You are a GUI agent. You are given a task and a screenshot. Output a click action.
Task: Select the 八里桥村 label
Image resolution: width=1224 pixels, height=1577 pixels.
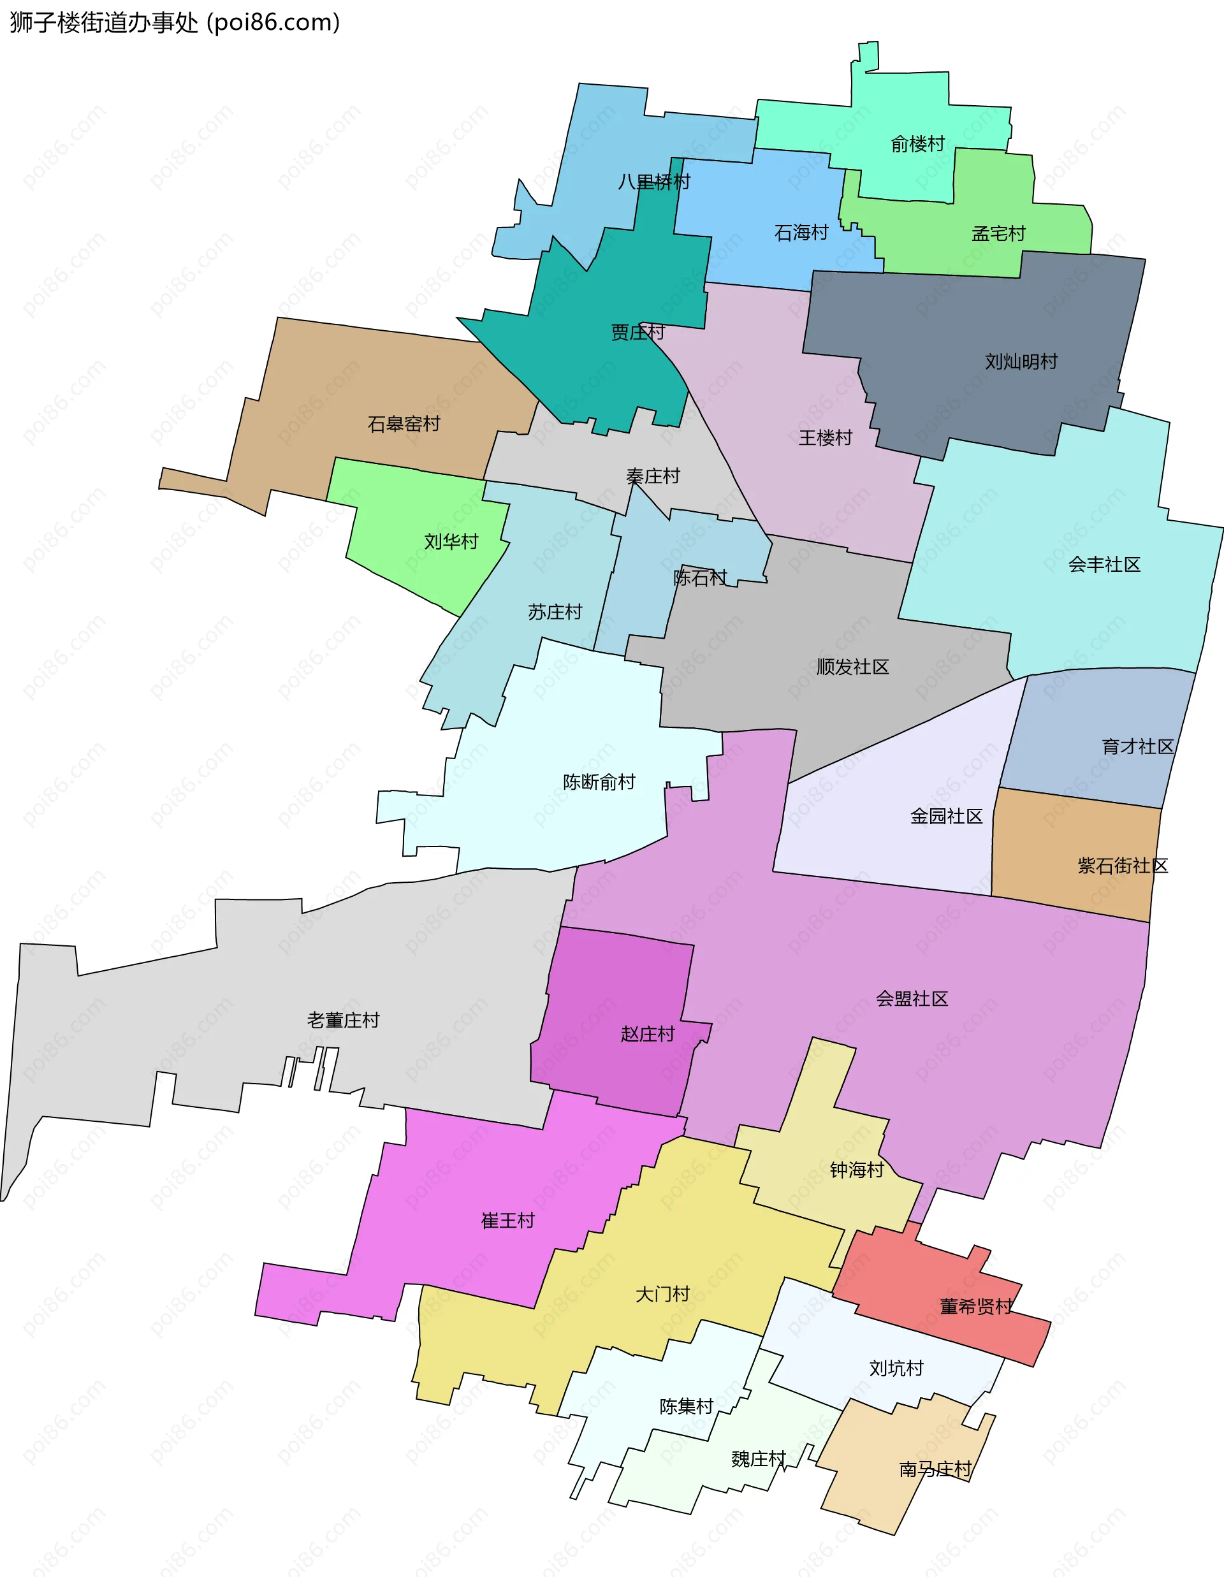pos(653,182)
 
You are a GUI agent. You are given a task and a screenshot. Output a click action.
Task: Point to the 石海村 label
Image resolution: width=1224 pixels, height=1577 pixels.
pos(801,233)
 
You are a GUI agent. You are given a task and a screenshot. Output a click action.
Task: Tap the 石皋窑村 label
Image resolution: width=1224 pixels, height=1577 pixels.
pos(404,424)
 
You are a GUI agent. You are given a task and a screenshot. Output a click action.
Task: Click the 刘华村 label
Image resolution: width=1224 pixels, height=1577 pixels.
pos(451,542)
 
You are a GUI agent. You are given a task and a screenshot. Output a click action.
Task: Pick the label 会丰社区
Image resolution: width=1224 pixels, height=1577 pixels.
pos(1104,565)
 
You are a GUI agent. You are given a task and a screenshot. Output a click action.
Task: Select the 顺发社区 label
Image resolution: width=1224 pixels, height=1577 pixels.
pos(852,667)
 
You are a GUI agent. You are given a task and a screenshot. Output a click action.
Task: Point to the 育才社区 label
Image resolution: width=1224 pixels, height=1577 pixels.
pos(1137,746)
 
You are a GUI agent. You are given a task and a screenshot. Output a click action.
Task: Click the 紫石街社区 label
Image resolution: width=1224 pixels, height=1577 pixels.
pos(1122,866)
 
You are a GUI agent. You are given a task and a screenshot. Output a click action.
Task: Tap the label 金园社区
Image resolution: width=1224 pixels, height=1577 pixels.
pos(946,817)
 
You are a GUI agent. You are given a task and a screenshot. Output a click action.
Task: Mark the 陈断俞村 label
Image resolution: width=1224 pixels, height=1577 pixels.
pos(599,782)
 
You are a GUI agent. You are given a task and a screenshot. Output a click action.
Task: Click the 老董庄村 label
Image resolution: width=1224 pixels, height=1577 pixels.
pos(343,1021)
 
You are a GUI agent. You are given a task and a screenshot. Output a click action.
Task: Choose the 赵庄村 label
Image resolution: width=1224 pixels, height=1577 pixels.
pos(647,1035)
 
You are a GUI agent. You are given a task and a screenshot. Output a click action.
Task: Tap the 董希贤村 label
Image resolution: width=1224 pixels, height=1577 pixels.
pos(975,1306)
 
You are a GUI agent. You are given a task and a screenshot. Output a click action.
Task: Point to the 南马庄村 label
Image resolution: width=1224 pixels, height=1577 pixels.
pos(935,1469)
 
